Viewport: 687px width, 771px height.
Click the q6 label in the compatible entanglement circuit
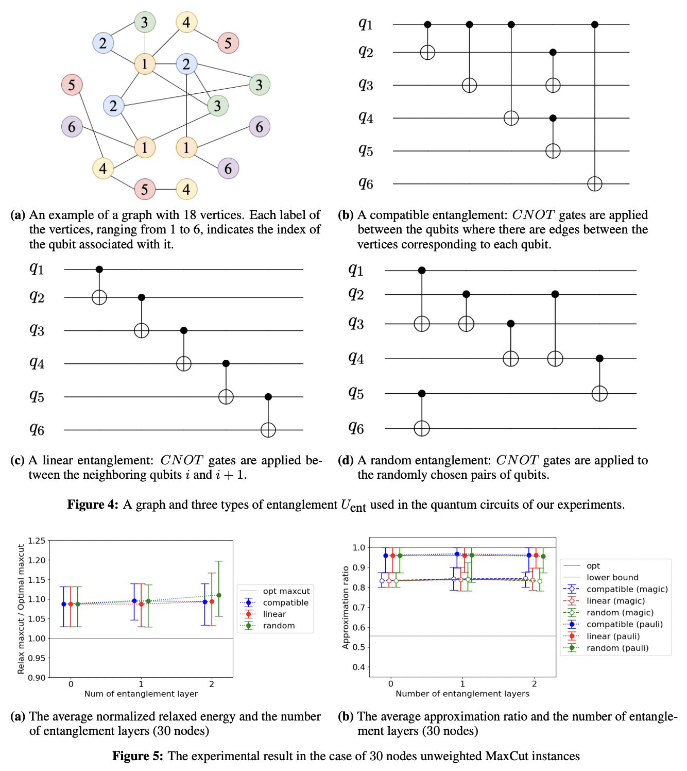366,183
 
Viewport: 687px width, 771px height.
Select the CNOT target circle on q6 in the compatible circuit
595,184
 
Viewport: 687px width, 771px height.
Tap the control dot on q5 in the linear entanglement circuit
268,397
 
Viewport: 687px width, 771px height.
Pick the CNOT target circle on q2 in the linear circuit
99,297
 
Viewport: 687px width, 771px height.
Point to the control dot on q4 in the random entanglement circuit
599,359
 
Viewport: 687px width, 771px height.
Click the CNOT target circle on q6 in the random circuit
422,428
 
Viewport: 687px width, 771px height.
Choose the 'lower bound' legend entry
612,577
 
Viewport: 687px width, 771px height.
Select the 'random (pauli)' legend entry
617,648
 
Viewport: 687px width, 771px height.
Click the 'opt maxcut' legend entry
286,591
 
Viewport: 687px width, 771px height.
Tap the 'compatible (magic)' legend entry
627,589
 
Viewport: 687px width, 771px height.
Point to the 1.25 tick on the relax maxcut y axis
37,541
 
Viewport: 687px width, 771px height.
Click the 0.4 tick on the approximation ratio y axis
358,667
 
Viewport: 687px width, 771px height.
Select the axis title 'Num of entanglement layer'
141,694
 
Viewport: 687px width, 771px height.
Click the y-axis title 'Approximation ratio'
346,607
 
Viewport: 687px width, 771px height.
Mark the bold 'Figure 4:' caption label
93,505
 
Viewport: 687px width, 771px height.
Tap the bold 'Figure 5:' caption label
138,756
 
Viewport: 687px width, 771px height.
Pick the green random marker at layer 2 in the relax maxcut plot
219,595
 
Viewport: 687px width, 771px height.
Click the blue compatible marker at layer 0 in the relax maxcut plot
64,604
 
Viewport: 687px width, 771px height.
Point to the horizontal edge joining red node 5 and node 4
165,189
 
